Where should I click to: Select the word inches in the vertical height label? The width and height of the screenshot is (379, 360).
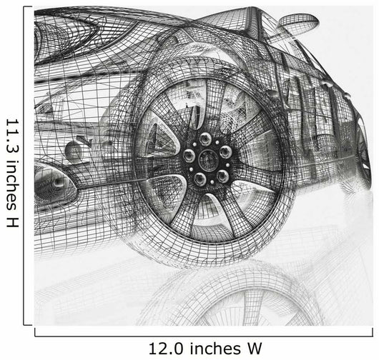(x=12, y=184)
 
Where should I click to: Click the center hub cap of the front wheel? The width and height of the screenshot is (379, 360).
(x=208, y=159)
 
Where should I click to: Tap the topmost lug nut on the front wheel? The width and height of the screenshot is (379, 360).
(x=205, y=139)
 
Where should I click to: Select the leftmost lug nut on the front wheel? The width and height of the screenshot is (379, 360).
(x=189, y=155)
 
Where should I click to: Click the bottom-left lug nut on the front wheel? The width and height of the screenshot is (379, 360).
(x=200, y=179)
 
